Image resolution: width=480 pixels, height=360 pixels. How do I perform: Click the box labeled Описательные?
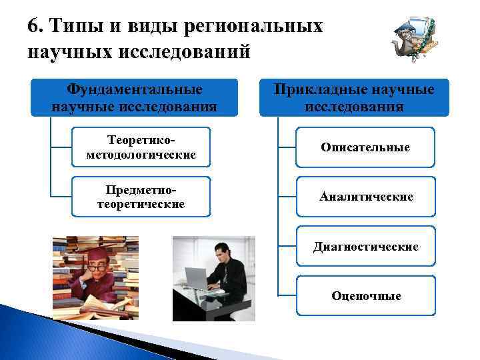point(365,147)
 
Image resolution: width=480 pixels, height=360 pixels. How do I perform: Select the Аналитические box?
point(365,197)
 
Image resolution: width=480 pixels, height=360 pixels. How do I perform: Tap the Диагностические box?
point(365,247)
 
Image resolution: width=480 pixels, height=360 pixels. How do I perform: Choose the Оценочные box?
point(365,295)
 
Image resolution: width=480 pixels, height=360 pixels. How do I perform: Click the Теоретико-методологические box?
point(141,147)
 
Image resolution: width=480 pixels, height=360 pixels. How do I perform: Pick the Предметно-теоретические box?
point(141,197)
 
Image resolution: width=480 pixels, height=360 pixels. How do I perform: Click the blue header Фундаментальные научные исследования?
point(134,98)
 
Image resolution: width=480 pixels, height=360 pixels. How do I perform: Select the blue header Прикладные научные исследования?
point(355,98)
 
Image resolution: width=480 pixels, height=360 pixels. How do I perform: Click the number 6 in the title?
point(33,27)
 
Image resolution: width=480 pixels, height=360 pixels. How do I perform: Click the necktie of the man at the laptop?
point(227,274)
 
